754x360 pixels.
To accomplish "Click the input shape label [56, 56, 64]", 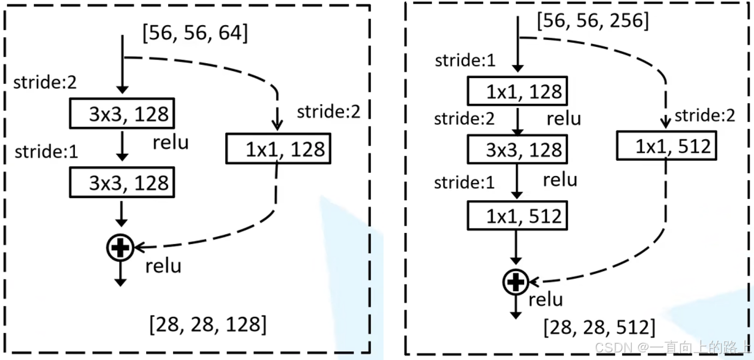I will pyautogui.click(x=195, y=34).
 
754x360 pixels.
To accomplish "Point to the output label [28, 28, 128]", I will pyautogui.click(x=208, y=325).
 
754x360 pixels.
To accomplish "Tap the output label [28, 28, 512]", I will pyautogui.click(x=599, y=327).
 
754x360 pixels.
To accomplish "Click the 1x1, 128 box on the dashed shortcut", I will pyautogui.click(x=278, y=149).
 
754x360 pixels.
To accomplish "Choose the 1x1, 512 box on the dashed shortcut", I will pyautogui.click(x=666, y=146).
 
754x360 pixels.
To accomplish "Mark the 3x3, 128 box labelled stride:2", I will pyautogui.click(x=121, y=115).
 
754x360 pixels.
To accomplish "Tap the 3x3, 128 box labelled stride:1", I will pyautogui.click(x=121, y=183).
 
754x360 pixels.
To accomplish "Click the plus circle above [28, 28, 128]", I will pyautogui.click(x=121, y=248).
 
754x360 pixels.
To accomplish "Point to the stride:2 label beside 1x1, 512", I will pyautogui.click(x=704, y=116).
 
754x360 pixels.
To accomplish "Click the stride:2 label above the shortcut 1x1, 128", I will pyautogui.click(x=328, y=112).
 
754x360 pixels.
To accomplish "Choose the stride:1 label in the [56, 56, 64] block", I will pyautogui.click(x=46, y=151).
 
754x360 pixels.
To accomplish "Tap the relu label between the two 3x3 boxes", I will pyautogui.click(x=171, y=143).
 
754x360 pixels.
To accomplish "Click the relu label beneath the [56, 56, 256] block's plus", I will pyautogui.click(x=546, y=299).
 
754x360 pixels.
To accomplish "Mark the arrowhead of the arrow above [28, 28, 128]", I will pyautogui.click(x=121, y=282).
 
